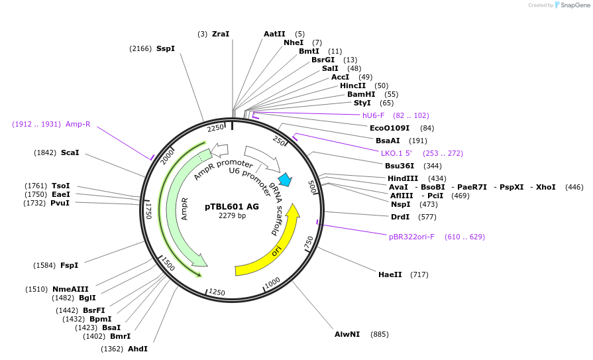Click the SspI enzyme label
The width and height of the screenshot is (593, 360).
point(166,48)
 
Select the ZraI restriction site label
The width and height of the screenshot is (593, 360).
point(221,34)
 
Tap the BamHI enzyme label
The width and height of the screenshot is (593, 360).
point(361,94)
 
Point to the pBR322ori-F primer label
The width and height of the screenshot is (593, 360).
point(411,237)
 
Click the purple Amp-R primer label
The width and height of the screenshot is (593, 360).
point(78,124)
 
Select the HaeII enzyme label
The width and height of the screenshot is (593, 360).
point(390,274)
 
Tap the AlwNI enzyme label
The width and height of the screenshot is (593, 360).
point(347,334)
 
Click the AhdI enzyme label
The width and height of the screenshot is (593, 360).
point(138,349)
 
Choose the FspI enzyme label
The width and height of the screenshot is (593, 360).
point(70,265)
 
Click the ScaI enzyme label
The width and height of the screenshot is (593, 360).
point(70,152)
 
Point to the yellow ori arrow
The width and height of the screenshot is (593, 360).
point(277,251)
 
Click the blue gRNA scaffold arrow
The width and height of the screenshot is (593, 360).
point(286,179)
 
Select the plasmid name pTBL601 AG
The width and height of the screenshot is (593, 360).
point(232,206)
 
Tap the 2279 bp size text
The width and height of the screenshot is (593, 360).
point(232,215)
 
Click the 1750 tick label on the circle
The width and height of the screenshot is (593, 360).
point(149,211)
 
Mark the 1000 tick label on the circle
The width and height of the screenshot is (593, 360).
point(272,284)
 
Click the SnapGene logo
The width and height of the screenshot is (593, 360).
point(571,5)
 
